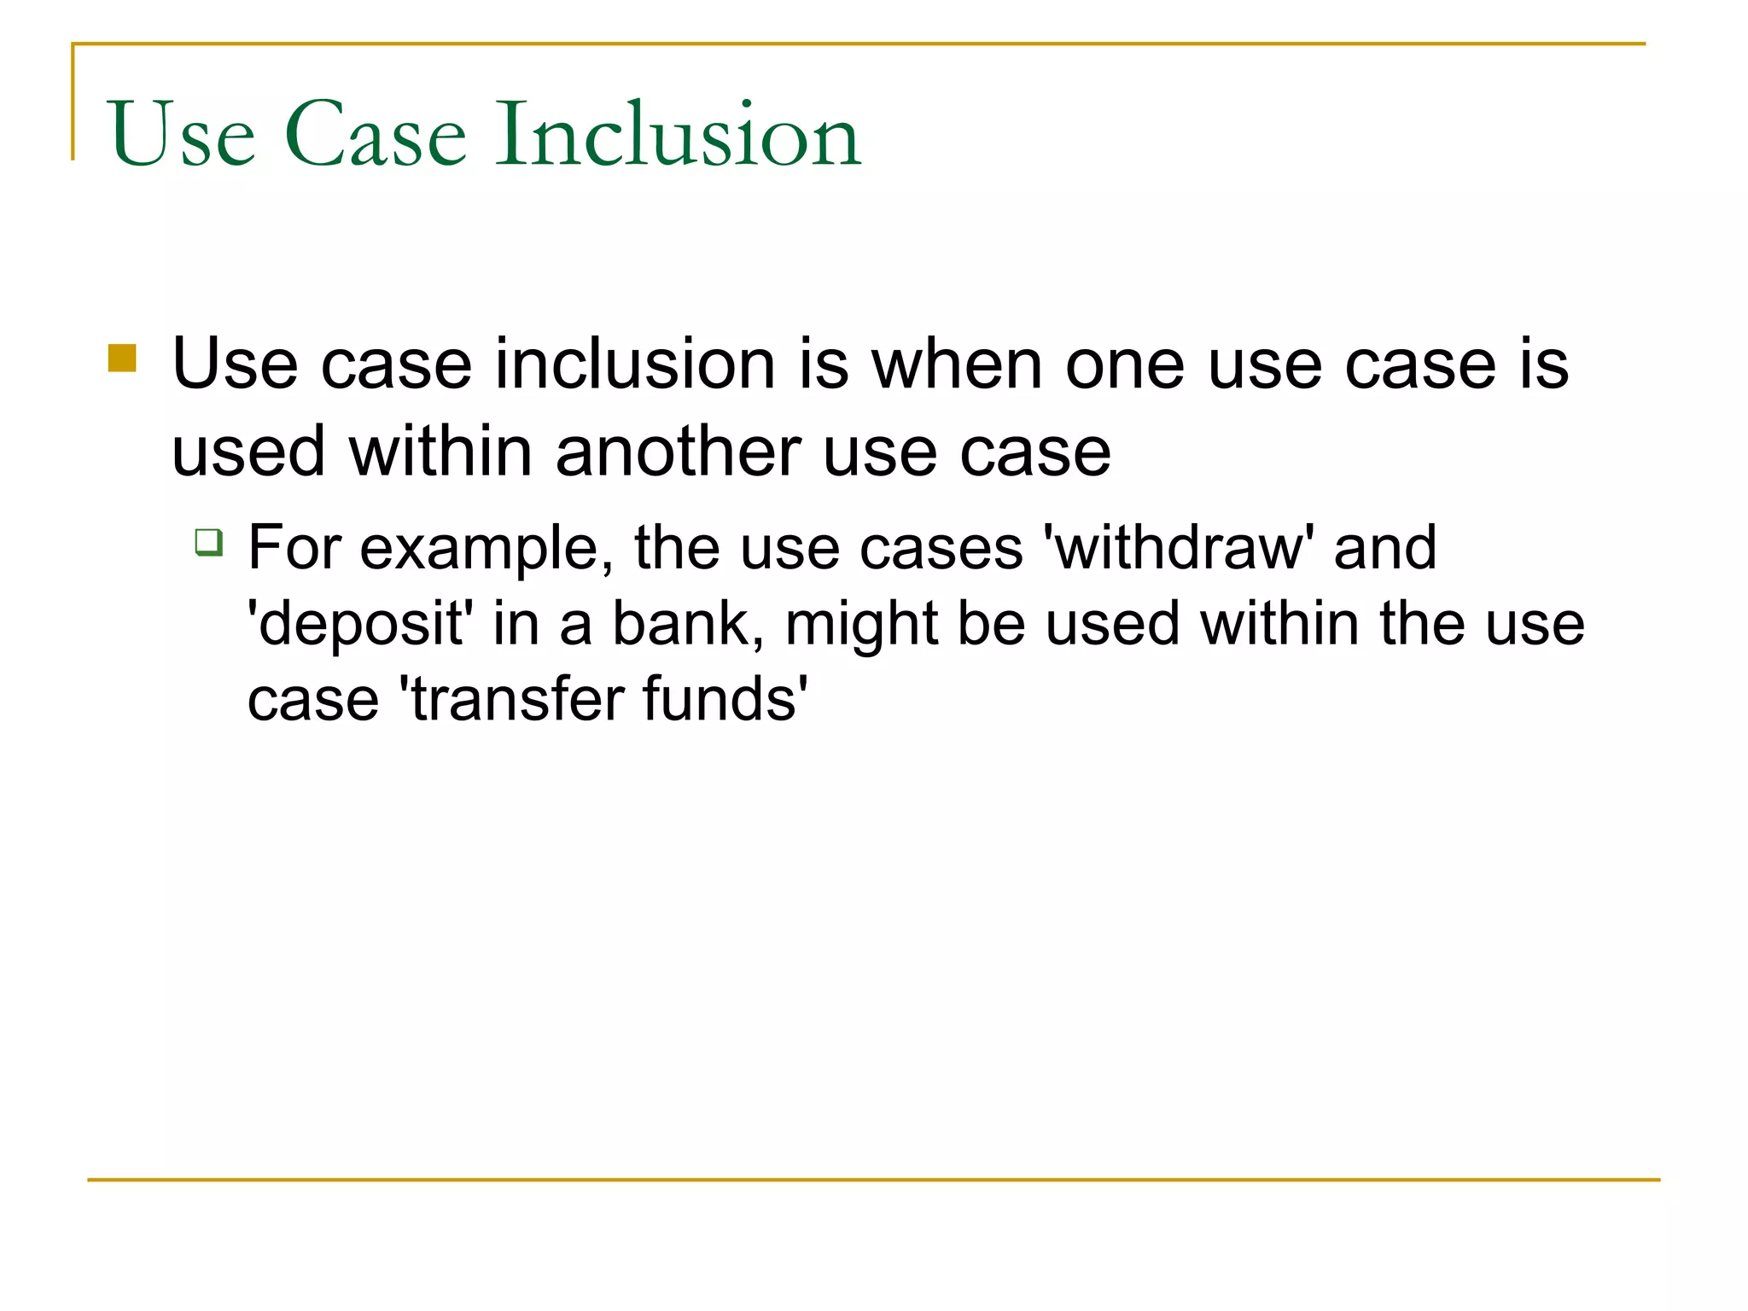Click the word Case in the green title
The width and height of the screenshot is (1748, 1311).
[376, 135]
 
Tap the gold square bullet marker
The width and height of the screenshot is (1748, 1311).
[122, 358]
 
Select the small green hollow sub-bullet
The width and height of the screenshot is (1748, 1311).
[209, 542]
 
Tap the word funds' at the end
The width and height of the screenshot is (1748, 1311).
[724, 699]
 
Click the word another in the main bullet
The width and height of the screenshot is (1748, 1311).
[679, 452]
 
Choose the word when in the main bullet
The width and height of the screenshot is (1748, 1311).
[956, 364]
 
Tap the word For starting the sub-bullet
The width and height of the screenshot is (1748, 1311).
[294, 547]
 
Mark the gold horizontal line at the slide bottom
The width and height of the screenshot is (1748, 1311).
[874, 1180]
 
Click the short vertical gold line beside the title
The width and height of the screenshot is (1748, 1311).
[73, 102]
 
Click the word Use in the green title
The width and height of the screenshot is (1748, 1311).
[182, 135]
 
